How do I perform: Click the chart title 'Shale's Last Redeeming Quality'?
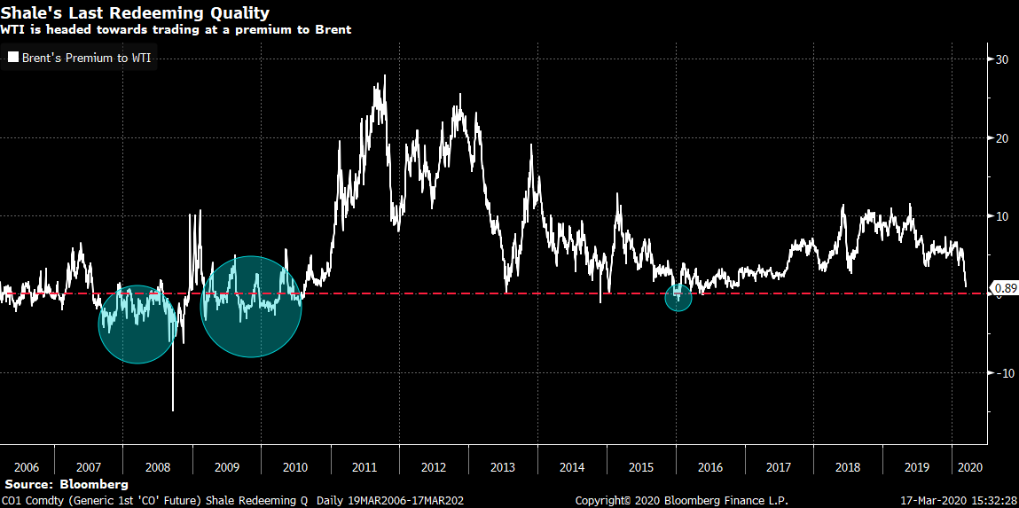click(x=136, y=13)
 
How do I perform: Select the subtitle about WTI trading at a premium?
click(x=176, y=29)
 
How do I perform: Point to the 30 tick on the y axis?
click(x=1001, y=59)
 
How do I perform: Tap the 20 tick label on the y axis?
click(x=1001, y=137)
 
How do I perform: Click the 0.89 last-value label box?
click(x=1004, y=287)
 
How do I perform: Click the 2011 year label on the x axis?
click(x=364, y=466)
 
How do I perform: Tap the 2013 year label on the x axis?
click(x=502, y=466)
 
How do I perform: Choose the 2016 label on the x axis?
click(x=709, y=466)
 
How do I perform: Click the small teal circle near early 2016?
click(x=678, y=298)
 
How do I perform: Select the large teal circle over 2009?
click(x=251, y=307)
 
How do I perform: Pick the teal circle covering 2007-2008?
click(x=137, y=324)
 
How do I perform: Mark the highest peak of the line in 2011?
click(x=384, y=76)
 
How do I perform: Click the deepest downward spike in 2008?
click(x=173, y=410)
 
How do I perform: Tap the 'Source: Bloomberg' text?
click(x=67, y=485)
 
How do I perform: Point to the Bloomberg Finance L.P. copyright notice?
click(x=681, y=501)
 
